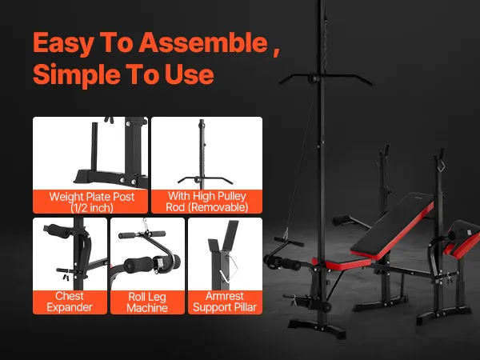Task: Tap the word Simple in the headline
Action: pyautogui.click(x=77, y=74)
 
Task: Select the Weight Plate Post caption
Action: pyautogui.click(x=91, y=202)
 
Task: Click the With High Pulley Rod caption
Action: pyautogui.click(x=207, y=202)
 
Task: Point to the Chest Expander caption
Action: pyautogui.click(x=70, y=302)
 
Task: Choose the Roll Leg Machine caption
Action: pyautogui.click(x=147, y=302)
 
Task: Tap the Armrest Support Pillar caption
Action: pyautogui.click(x=225, y=302)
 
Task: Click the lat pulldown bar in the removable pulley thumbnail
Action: pyautogui.click(x=206, y=180)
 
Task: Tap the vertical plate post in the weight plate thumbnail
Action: pyautogui.click(x=94, y=148)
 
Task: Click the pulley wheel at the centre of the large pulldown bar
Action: pyautogui.click(x=314, y=78)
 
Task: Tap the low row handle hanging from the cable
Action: pyautogui.click(x=290, y=242)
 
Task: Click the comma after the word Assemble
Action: pyautogui.click(x=277, y=53)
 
